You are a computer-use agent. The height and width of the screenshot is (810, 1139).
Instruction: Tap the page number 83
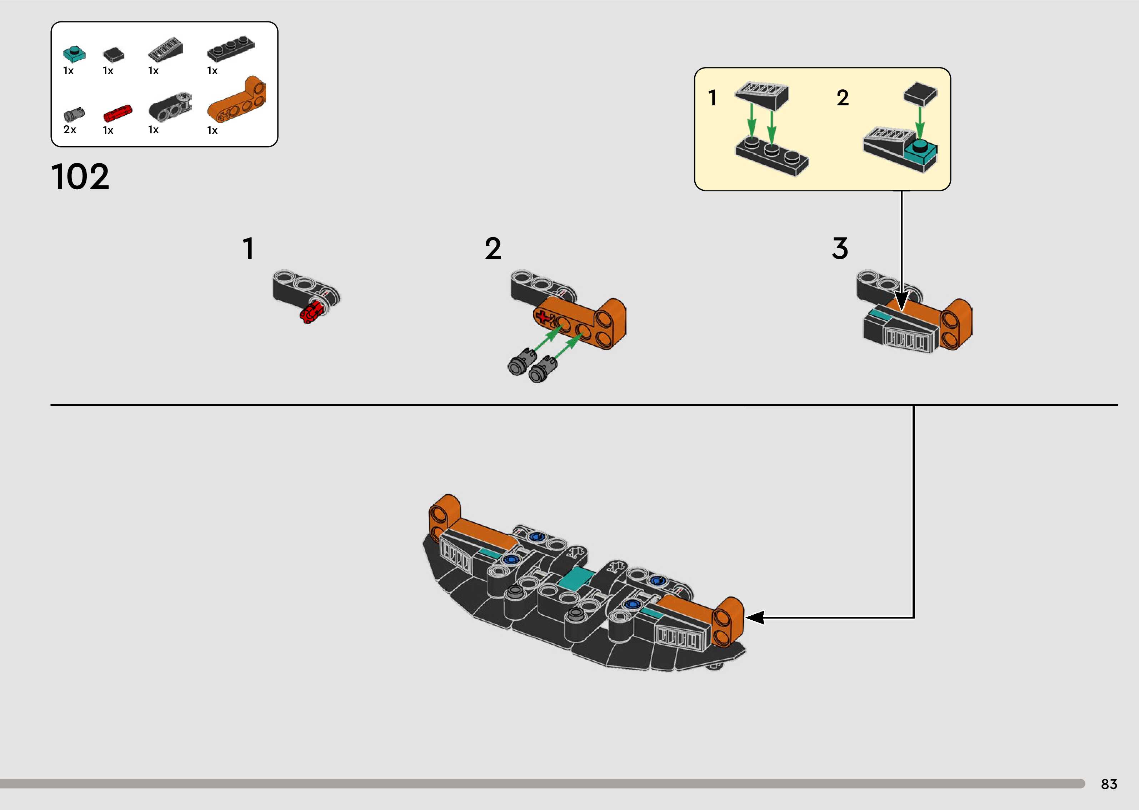[x=1109, y=784]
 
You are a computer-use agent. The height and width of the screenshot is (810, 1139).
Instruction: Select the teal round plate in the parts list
[x=74, y=53]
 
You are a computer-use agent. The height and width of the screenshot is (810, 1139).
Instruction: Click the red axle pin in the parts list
[x=118, y=114]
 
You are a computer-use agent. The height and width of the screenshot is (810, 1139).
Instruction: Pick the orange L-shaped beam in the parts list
[x=238, y=100]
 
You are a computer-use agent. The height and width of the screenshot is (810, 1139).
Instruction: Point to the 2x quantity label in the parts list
[x=70, y=130]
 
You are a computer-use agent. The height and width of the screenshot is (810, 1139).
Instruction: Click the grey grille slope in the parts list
[x=166, y=49]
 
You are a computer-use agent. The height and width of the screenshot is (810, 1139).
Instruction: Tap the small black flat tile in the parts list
[x=114, y=54]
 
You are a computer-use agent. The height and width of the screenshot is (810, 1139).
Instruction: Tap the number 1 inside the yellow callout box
[x=713, y=98]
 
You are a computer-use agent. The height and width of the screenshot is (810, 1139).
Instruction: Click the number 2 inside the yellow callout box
[x=842, y=98]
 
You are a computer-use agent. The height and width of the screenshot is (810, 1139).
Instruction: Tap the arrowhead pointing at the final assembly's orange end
[x=754, y=617]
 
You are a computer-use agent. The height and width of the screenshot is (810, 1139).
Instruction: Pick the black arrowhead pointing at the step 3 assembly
[x=901, y=302]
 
